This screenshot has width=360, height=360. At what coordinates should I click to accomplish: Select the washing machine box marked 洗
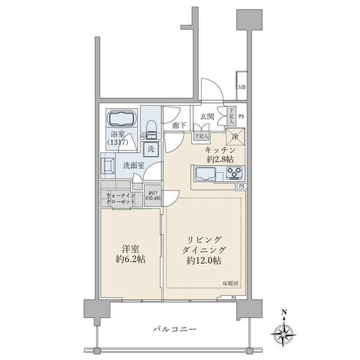[152, 148]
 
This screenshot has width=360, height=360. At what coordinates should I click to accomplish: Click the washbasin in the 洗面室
[109, 164]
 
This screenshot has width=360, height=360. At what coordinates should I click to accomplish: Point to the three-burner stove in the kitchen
[235, 174]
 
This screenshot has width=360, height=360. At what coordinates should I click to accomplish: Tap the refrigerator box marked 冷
[235, 136]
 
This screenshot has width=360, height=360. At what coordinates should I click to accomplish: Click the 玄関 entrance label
[208, 116]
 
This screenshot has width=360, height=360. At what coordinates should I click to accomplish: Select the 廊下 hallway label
[178, 126]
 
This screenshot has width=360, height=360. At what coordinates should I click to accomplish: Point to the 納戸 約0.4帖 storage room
[153, 196]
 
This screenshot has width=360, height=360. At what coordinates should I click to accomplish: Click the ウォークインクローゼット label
[121, 199]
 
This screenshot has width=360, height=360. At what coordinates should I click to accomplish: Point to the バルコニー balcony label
[175, 328]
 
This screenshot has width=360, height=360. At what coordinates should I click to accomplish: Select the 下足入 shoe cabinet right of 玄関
[232, 115]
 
